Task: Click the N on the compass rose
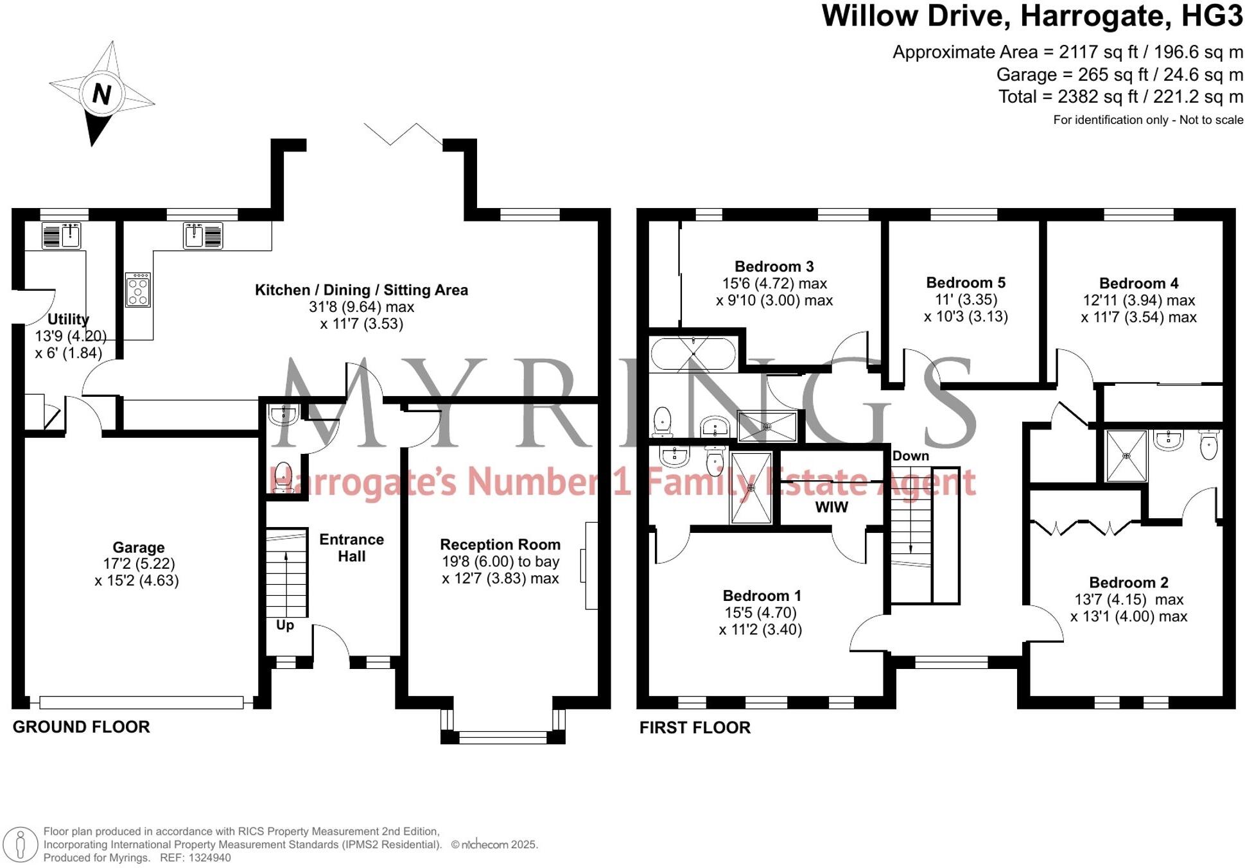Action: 101,94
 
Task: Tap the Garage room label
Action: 139,548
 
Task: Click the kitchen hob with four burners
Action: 138,290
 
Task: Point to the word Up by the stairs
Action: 285,625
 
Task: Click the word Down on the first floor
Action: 910,456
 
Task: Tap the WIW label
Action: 831,507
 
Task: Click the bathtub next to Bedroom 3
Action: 693,354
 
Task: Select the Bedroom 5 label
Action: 966,282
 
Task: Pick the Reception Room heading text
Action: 500,544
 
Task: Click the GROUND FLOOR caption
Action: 82,727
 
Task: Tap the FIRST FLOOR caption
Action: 695,727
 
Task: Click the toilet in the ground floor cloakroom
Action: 282,478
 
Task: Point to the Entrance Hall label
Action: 351,548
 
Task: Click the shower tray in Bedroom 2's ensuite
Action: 1126,456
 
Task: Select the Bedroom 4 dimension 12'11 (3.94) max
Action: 1138,300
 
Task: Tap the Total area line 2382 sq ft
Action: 1120,97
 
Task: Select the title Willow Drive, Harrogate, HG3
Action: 1032,16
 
